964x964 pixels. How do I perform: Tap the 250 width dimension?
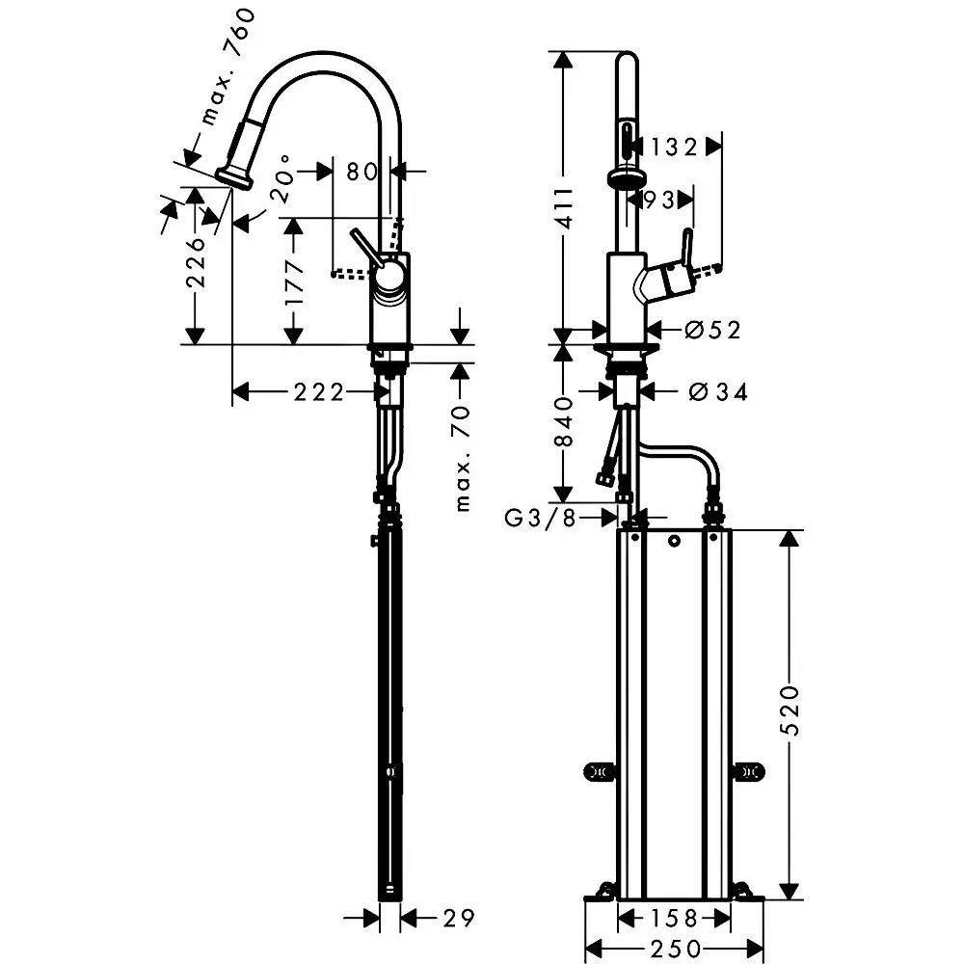pyautogui.click(x=675, y=949)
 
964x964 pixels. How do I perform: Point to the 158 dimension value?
pyautogui.click(x=674, y=919)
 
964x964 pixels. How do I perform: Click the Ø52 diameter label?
pyautogui.click(x=712, y=330)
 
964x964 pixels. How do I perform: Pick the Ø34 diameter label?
pyautogui.click(x=718, y=391)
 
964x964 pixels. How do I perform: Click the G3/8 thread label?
pyautogui.click(x=540, y=519)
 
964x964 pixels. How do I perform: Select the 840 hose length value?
pyautogui.click(x=564, y=422)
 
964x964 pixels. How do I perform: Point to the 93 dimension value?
pyautogui.click(x=658, y=200)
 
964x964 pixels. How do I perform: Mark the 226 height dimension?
pyautogui.click(x=196, y=262)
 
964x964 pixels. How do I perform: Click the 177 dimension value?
pyautogui.click(x=294, y=281)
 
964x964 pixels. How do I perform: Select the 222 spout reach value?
pyautogui.click(x=318, y=391)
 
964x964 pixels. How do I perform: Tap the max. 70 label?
pyautogui.click(x=462, y=458)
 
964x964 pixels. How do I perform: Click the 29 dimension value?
pyautogui.click(x=459, y=919)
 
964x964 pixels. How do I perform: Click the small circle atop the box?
pyautogui.click(x=675, y=542)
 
